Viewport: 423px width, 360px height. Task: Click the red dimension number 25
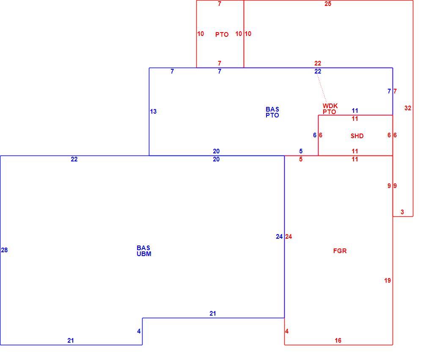pyautogui.click(x=328, y=4)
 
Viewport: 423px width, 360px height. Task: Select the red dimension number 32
pyautogui.click(x=408, y=108)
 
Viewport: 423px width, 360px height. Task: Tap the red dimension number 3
pyautogui.click(x=402, y=212)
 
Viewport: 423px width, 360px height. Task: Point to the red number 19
pyautogui.click(x=387, y=281)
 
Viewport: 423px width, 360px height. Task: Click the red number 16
pyautogui.click(x=338, y=341)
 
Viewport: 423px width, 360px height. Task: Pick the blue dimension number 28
pyautogui.click(x=4, y=250)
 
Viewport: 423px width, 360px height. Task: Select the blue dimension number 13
pyautogui.click(x=153, y=112)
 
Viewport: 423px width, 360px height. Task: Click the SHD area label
pyautogui.click(x=357, y=136)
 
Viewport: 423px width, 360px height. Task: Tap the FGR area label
pyautogui.click(x=340, y=251)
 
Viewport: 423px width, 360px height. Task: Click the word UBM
pyautogui.click(x=144, y=254)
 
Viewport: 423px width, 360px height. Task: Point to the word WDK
pyautogui.click(x=330, y=106)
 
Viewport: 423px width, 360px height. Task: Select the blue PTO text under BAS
pyautogui.click(x=272, y=115)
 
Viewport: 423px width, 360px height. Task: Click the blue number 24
pyautogui.click(x=279, y=237)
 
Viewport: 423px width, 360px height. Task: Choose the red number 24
pyautogui.click(x=288, y=237)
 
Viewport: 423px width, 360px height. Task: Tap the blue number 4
pyautogui.click(x=139, y=331)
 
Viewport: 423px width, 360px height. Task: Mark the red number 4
pyautogui.click(x=287, y=331)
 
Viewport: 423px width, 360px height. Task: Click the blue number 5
pyautogui.click(x=301, y=151)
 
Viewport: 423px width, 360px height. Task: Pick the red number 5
pyautogui.click(x=301, y=159)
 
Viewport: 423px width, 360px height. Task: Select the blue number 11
pyautogui.click(x=355, y=111)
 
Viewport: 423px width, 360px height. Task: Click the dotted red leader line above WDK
pyautogui.click(x=322, y=89)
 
